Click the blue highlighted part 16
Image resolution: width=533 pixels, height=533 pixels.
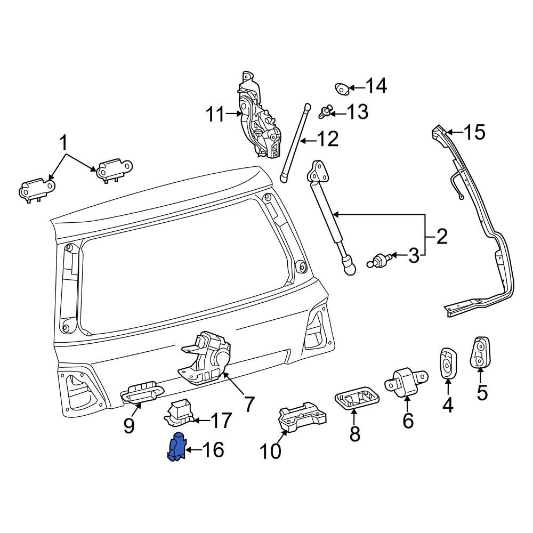click(x=176, y=448)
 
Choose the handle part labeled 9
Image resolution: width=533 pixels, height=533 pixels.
click(x=140, y=393)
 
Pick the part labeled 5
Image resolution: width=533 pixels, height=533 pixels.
click(x=480, y=352)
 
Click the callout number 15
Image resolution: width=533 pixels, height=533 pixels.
click(x=474, y=132)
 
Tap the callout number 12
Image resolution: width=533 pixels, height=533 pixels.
click(x=327, y=140)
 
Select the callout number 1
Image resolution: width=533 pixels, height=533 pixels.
click(x=63, y=143)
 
